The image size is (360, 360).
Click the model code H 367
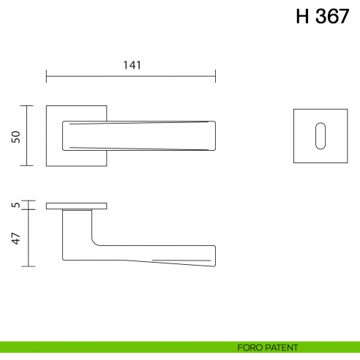click(x=322, y=18)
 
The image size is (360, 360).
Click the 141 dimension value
click(x=132, y=64)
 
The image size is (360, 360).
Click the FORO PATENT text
click(x=267, y=348)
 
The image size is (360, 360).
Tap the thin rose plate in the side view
click(x=77, y=206)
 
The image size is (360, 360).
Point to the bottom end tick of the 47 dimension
click(x=28, y=266)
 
